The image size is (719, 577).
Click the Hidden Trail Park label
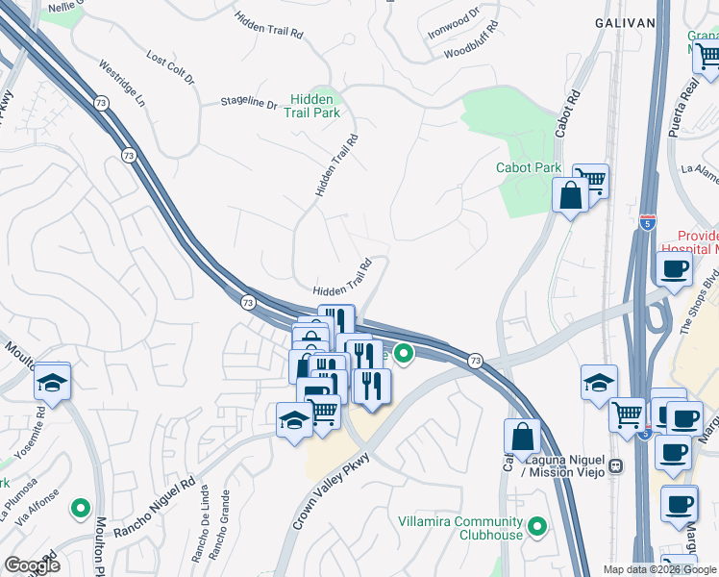tap(312, 106)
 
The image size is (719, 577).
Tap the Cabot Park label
tap(529, 167)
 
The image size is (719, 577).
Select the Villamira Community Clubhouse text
tap(460, 528)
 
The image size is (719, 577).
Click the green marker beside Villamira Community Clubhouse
tap(537, 526)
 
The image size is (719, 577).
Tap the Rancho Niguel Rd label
tap(154, 503)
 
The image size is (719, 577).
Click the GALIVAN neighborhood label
tap(631, 21)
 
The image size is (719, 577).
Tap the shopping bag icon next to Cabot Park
tap(570, 195)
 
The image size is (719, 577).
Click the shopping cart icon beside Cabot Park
tap(591, 180)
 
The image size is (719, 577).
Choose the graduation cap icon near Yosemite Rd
tap(52, 383)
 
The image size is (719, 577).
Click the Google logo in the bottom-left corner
tap(32, 565)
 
